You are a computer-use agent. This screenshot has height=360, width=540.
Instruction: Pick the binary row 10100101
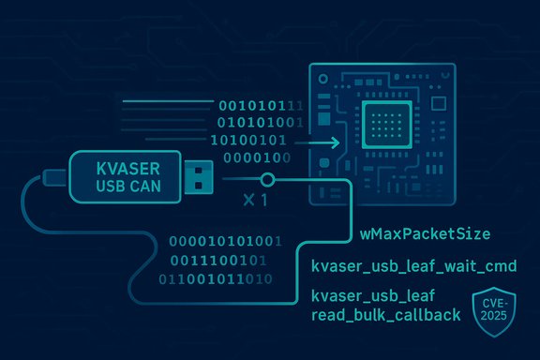point(252,140)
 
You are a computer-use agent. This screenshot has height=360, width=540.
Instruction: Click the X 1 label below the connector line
point(254,200)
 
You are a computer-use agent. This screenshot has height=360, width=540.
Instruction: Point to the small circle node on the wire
point(267,179)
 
